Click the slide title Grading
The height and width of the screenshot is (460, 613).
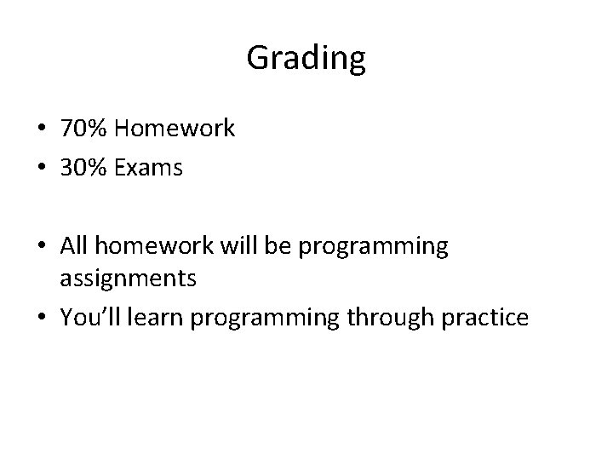click(306, 59)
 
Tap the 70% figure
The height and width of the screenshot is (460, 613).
click(83, 129)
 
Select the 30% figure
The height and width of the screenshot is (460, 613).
click(83, 168)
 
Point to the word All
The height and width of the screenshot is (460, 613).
click(73, 246)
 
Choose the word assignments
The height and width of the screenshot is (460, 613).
click(128, 278)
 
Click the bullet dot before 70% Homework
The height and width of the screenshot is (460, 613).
click(42, 130)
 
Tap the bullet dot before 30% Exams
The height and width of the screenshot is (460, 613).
click(42, 169)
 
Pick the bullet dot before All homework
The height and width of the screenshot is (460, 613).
click(42, 247)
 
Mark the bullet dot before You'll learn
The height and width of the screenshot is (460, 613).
click(42, 318)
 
